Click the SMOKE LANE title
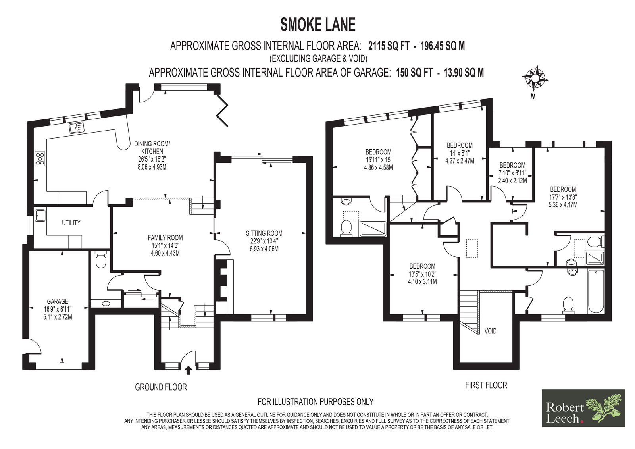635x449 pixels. (x=318, y=24)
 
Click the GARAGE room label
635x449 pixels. (x=58, y=301)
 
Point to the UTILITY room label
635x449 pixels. (x=71, y=223)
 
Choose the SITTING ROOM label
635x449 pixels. (x=264, y=233)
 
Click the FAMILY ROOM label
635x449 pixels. (x=165, y=238)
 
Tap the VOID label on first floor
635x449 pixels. (x=491, y=331)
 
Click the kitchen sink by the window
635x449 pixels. (x=76, y=128)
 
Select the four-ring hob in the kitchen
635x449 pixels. (x=40, y=158)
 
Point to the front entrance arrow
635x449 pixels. (x=188, y=371)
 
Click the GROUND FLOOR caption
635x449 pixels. (x=161, y=387)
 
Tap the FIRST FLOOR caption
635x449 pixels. (x=486, y=385)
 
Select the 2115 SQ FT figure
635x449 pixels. (x=389, y=46)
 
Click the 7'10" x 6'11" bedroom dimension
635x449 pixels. (x=512, y=173)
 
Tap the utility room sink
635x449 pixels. (x=39, y=216)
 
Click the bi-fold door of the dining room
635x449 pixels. (x=222, y=110)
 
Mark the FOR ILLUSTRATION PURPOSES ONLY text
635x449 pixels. (x=316, y=402)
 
